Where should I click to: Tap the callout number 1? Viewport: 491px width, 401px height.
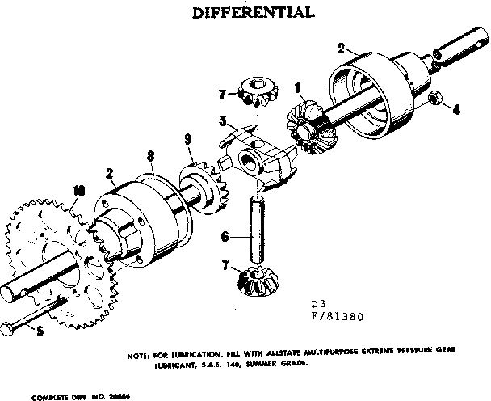point(298,87)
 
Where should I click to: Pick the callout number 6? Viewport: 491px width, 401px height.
point(226,236)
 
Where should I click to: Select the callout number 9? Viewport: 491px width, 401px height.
point(188,139)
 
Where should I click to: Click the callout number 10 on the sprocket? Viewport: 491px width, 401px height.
point(78,191)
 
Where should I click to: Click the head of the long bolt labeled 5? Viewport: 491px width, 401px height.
point(9,329)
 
